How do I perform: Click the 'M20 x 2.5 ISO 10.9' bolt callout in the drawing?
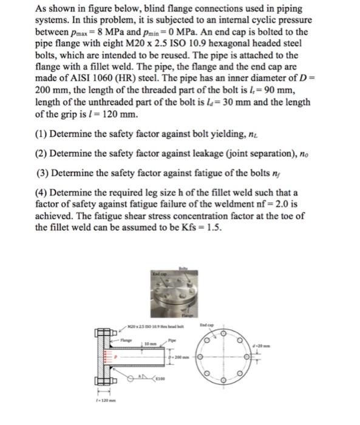[161, 327]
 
